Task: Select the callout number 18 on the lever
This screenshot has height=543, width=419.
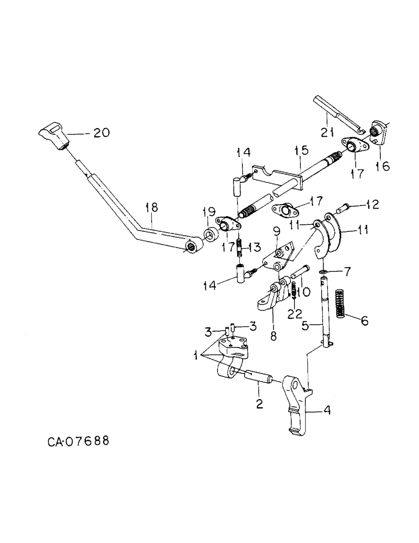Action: click(152, 207)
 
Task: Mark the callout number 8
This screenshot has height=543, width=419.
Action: click(273, 336)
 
